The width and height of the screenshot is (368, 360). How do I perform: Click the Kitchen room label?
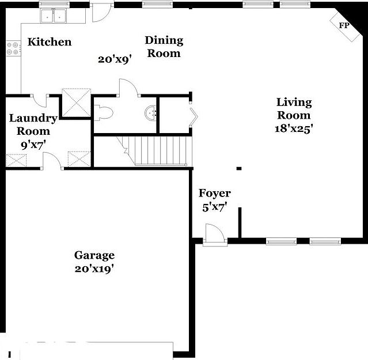(x=50, y=41)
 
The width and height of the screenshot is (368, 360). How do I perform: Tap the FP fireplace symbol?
(x=344, y=25)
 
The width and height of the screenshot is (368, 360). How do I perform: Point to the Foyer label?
(x=214, y=194)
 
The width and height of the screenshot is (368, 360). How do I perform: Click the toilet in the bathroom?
(x=104, y=112)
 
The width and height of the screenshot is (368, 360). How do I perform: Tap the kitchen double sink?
(x=54, y=16)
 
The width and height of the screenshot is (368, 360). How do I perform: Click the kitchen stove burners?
(x=13, y=50)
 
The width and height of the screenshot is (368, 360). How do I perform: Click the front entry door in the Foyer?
(x=215, y=236)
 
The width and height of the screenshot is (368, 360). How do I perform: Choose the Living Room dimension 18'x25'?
(x=293, y=129)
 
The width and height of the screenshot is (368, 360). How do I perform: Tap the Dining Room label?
(x=164, y=47)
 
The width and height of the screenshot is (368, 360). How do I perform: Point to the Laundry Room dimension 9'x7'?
(x=33, y=145)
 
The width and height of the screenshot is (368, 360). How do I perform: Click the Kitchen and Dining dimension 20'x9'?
(x=115, y=59)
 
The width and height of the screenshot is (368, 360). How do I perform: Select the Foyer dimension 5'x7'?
(x=214, y=207)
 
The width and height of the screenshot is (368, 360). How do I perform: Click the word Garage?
(x=94, y=255)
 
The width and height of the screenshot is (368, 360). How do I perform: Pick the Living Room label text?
(x=294, y=108)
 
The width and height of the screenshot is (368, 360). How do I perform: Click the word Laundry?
(x=33, y=119)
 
